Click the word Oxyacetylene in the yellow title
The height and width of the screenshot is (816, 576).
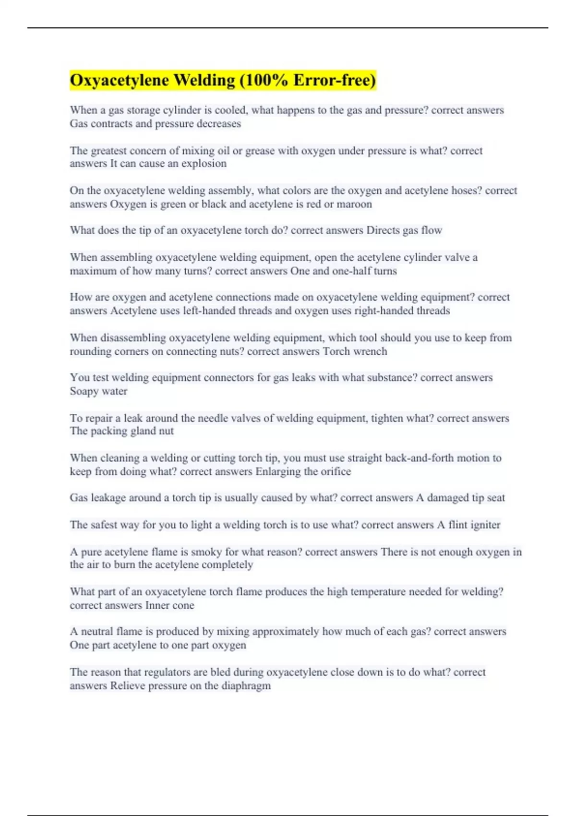(119, 80)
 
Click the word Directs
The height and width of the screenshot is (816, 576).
(383, 230)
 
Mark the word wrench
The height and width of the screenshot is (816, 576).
(370, 351)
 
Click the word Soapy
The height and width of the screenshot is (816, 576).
(84, 391)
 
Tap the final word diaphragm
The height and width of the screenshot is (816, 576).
(246, 686)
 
